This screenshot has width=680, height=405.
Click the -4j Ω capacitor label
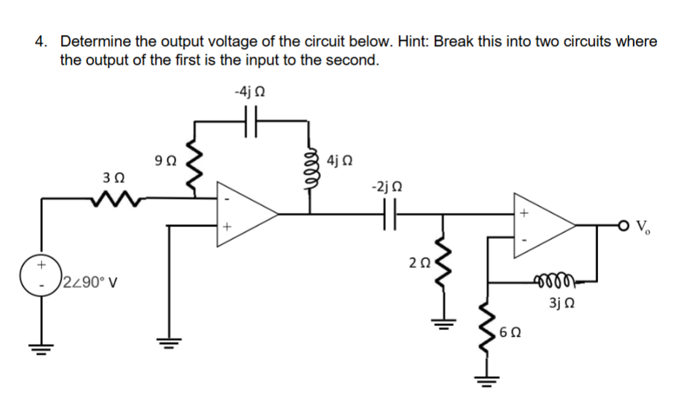pos(250,92)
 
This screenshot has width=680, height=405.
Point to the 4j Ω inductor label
pos(340,159)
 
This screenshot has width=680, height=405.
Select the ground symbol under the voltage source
pos(41,344)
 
